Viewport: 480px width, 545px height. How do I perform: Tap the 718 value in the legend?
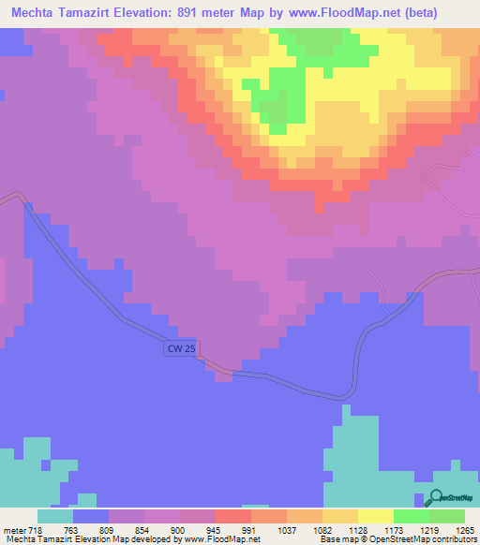click(37, 529)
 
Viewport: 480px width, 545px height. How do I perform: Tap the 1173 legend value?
click(377, 529)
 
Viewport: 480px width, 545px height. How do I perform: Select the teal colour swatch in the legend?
click(55, 516)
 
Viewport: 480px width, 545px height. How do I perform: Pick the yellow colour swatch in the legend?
click(376, 516)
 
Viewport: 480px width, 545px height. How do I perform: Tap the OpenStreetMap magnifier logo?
click(437, 498)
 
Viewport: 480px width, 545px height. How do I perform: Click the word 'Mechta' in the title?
click(37, 14)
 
